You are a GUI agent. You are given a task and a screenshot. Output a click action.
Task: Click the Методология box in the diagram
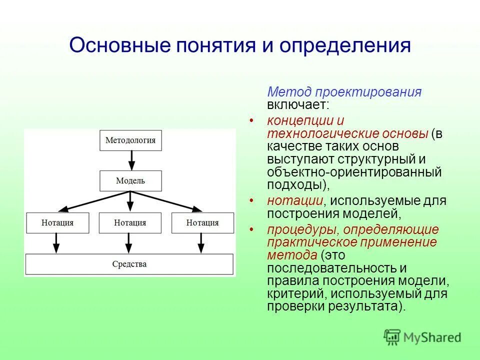click(x=130, y=140)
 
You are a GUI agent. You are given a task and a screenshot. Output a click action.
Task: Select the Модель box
click(x=130, y=181)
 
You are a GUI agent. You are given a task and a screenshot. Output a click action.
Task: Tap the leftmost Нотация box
click(x=57, y=223)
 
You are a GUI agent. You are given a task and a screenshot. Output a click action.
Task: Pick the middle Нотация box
click(x=130, y=223)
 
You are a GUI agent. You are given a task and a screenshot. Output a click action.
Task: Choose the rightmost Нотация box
click(x=202, y=223)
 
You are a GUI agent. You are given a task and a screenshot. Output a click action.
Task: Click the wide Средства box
click(x=129, y=264)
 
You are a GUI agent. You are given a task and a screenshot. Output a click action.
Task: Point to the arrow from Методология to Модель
click(x=131, y=160)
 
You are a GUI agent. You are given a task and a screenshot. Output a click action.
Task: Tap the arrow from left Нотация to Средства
click(x=56, y=243)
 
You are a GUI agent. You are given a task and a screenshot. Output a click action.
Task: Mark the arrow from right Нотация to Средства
click(x=201, y=243)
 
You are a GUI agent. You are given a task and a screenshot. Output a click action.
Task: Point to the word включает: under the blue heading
click(x=298, y=104)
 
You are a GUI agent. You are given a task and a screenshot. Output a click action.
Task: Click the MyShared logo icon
click(x=392, y=337)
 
